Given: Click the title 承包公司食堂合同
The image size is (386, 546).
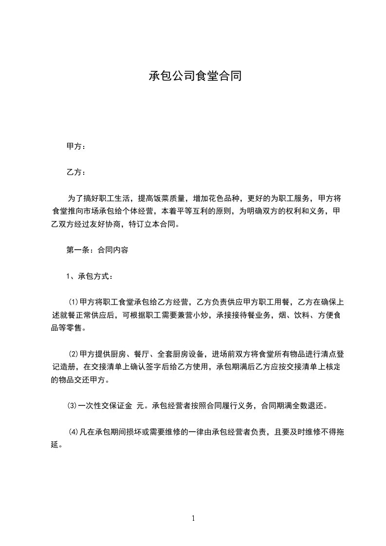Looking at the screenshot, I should (195, 76).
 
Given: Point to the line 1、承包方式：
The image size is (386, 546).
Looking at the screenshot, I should (90, 276).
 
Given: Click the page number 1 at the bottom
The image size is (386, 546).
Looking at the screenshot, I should (193, 518).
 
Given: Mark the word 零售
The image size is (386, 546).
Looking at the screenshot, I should (75, 328).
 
